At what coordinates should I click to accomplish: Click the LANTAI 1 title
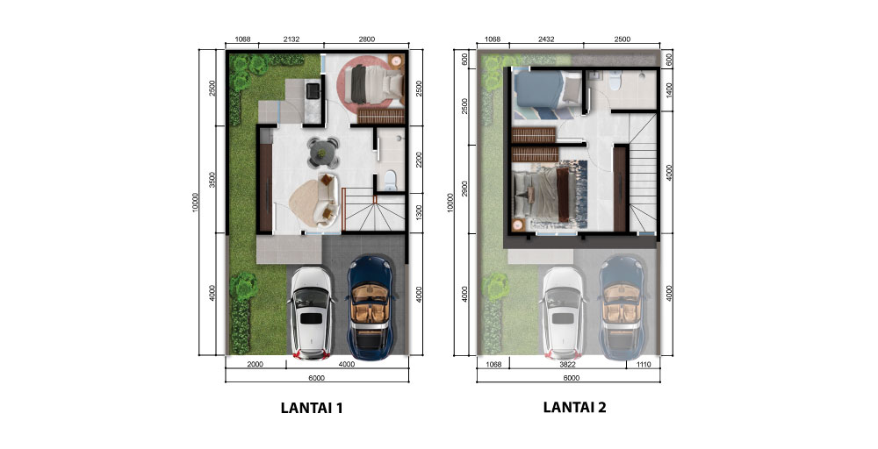(x=312, y=408)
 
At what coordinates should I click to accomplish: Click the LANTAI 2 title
(x=574, y=407)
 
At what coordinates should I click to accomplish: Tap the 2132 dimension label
(x=291, y=39)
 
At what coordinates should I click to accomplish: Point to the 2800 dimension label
(x=366, y=39)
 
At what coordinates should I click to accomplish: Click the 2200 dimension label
(x=420, y=160)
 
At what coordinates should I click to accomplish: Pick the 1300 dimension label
(x=420, y=212)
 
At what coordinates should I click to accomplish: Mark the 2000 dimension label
(x=255, y=365)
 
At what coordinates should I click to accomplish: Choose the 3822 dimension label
(x=568, y=365)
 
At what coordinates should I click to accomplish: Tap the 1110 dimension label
(x=644, y=365)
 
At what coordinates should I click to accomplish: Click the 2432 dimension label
(x=546, y=39)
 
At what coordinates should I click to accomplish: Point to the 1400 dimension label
(x=670, y=89)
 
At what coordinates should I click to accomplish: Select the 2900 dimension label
(x=464, y=189)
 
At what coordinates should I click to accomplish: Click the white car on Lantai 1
(x=312, y=313)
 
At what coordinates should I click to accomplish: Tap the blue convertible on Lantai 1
(x=371, y=308)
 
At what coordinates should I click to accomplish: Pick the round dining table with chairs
(x=323, y=152)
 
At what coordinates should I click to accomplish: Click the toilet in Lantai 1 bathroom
(x=390, y=180)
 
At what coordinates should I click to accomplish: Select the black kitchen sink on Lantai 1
(x=312, y=89)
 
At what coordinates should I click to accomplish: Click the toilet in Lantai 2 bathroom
(x=615, y=82)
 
